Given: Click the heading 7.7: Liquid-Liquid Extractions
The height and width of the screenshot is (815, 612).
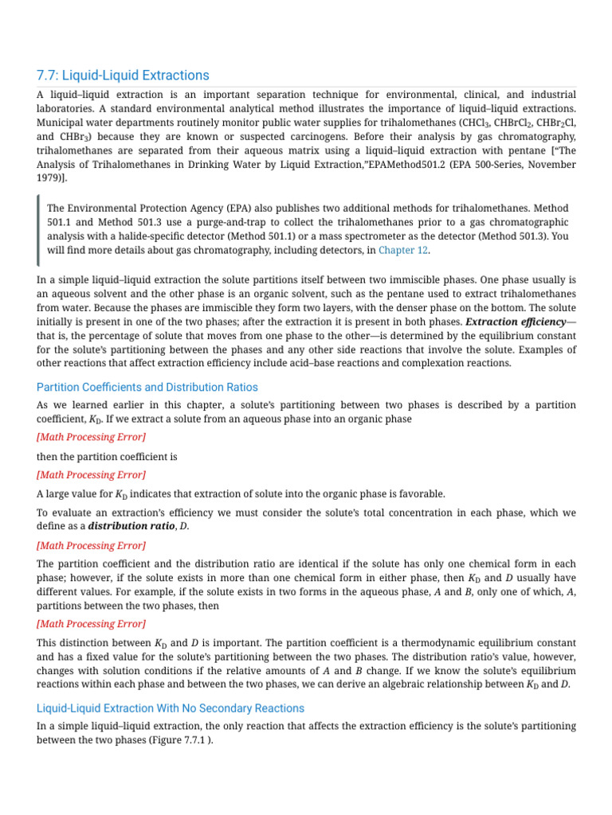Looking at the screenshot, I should click(x=123, y=76).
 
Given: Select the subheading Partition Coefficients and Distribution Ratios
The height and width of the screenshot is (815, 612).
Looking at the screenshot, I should click(x=147, y=388).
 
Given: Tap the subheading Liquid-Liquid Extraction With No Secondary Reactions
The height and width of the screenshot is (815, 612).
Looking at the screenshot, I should click(x=171, y=708).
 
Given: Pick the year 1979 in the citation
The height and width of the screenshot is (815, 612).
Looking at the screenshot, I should click(x=52, y=178).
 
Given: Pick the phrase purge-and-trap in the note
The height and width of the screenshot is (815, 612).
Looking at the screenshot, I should click(x=247, y=222).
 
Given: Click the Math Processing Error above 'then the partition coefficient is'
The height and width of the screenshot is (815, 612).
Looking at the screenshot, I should click(x=91, y=437).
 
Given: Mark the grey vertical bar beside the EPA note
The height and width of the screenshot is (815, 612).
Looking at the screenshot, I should click(x=38, y=229).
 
